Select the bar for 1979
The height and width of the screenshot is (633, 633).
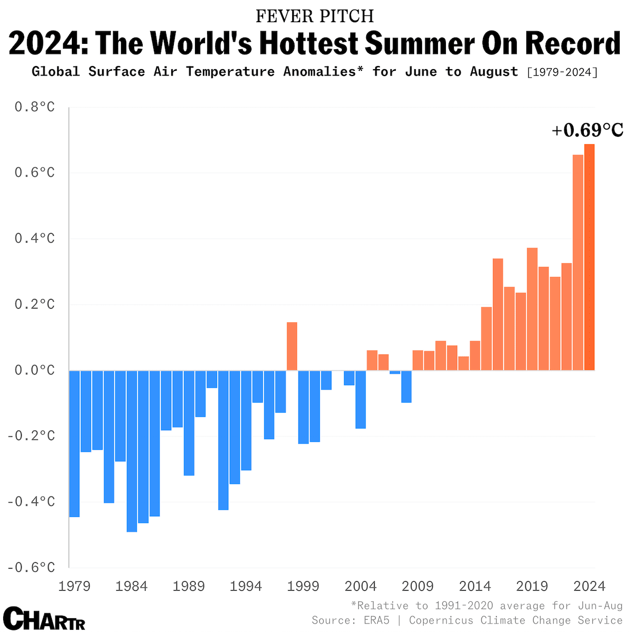coord(75,443)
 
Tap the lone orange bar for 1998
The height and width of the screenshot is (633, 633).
coord(292,346)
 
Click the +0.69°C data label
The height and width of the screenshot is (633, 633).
coord(587,130)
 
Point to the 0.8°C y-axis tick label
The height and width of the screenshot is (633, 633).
coord(34,107)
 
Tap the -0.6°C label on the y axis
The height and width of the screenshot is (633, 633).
coord(31,567)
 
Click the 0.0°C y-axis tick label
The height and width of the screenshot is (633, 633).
coord(34,370)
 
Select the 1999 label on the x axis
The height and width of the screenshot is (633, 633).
coord(303,586)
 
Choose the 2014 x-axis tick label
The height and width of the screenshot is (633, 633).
coord(475,586)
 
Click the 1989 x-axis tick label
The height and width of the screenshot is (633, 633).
coord(189,586)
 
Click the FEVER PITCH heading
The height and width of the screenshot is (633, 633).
coord(315,16)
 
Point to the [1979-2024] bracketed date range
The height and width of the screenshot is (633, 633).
coord(563,72)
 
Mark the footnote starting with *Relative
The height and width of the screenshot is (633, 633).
coord(487,605)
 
